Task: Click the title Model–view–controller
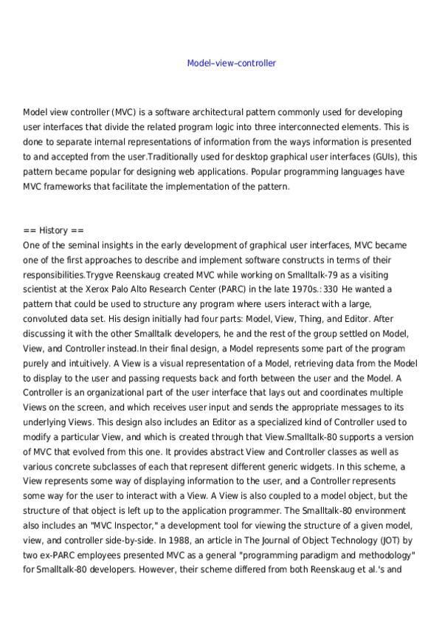point(232,63)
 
